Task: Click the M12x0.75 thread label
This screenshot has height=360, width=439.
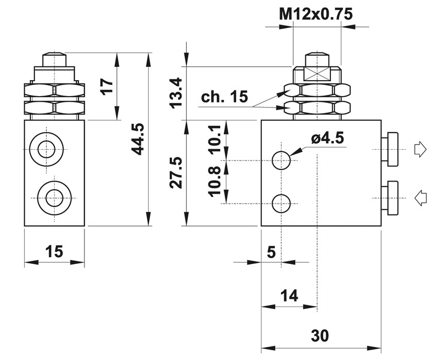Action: [315, 14]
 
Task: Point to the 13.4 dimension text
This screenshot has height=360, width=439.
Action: [177, 92]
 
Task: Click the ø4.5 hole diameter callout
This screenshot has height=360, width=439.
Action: [326, 138]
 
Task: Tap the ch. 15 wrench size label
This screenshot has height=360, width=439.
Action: [224, 96]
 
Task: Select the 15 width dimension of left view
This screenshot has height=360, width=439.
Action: [54, 251]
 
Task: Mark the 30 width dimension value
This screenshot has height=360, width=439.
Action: [320, 335]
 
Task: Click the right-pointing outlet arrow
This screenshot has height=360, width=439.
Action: [420, 150]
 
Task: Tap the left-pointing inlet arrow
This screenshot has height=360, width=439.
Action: [420, 197]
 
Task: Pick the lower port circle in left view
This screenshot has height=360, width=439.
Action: [54, 197]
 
